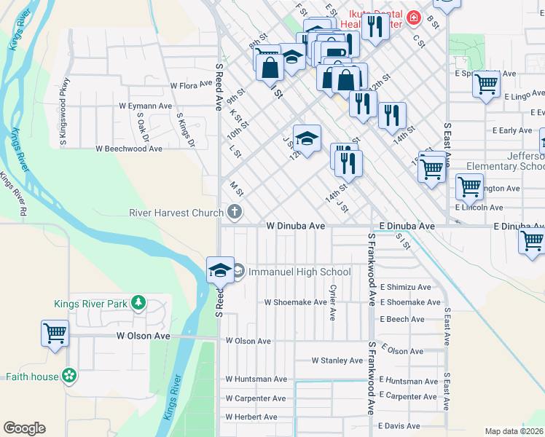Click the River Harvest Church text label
click(x=176, y=213)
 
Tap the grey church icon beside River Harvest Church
click(x=234, y=213)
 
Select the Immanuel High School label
click(x=299, y=272)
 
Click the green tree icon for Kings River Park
click(x=137, y=303)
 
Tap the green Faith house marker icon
click(x=69, y=376)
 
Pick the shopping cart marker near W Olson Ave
click(x=55, y=334)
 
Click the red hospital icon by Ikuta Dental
click(x=413, y=17)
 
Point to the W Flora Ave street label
click(x=191, y=85)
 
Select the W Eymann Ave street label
click(x=146, y=106)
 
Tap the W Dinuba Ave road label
click(x=295, y=227)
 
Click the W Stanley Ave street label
click(x=337, y=361)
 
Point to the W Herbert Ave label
click(x=251, y=417)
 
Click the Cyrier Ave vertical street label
click(x=332, y=302)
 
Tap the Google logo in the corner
click(x=24, y=428)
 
